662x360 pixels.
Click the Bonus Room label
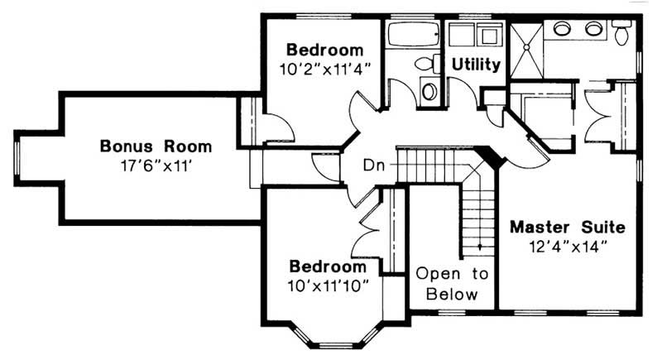(x=156, y=146)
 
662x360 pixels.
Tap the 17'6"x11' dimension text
(x=156, y=165)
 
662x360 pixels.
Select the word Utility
(x=475, y=65)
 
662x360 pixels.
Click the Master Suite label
(x=567, y=226)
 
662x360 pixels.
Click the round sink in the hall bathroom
(x=429, y=90)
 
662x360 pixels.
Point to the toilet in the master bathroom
(x=622, y=33)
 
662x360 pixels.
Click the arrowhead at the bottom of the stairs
(x=478, y=246)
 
